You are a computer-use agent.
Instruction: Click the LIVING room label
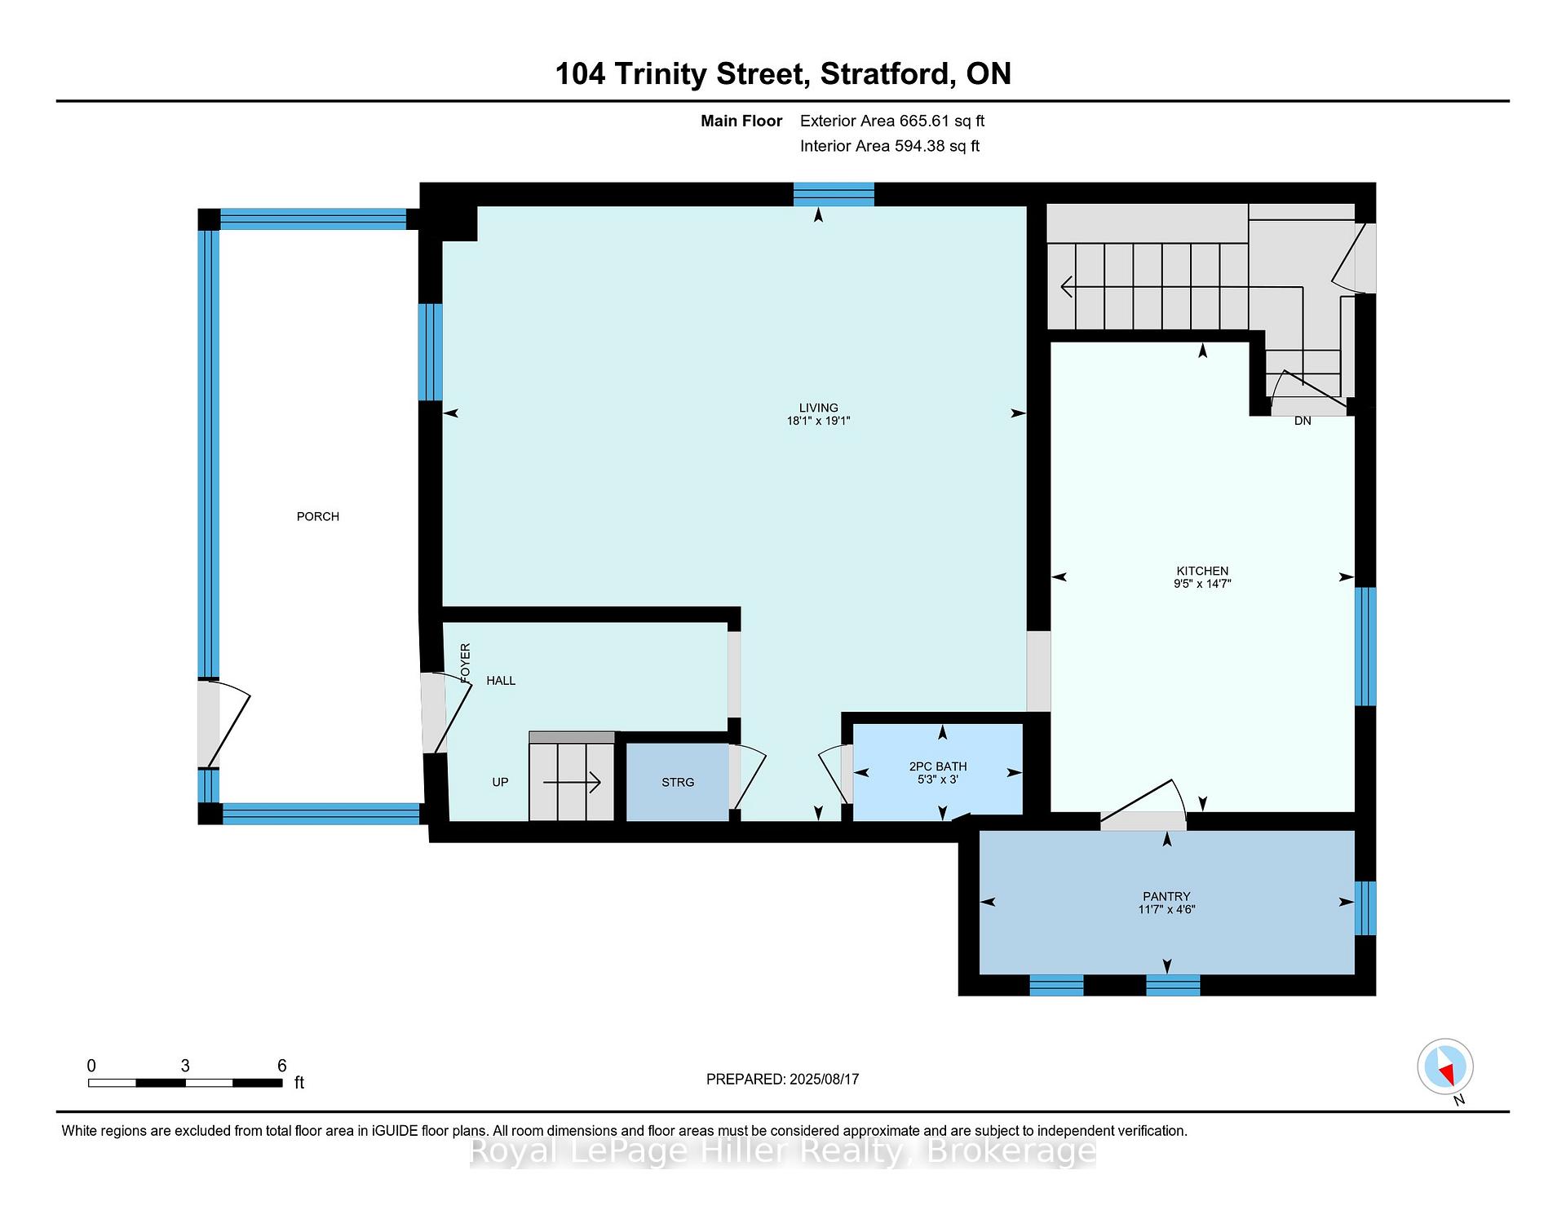click(818, 408)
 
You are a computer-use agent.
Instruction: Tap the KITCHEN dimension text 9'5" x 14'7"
click(1202, 584)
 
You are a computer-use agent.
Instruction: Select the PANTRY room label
click(1166, 895)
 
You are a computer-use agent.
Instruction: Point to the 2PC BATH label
click(938, 766)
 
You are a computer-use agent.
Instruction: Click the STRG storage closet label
click(678, 782)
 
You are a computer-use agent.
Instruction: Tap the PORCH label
click(317, 516)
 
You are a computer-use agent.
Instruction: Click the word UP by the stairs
click(500, 782)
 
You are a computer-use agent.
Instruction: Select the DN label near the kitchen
click(1303, 421)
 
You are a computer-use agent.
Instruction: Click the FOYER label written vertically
click(466, 663)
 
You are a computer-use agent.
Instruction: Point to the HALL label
click(501, 680)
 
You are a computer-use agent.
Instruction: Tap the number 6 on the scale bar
click(281, 1066)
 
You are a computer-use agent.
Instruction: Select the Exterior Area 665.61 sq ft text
click(892, 121)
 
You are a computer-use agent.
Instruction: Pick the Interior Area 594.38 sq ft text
click(890, 146)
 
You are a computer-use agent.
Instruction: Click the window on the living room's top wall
click(834, 194)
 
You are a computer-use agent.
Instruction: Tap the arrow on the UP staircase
click(572, 783)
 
